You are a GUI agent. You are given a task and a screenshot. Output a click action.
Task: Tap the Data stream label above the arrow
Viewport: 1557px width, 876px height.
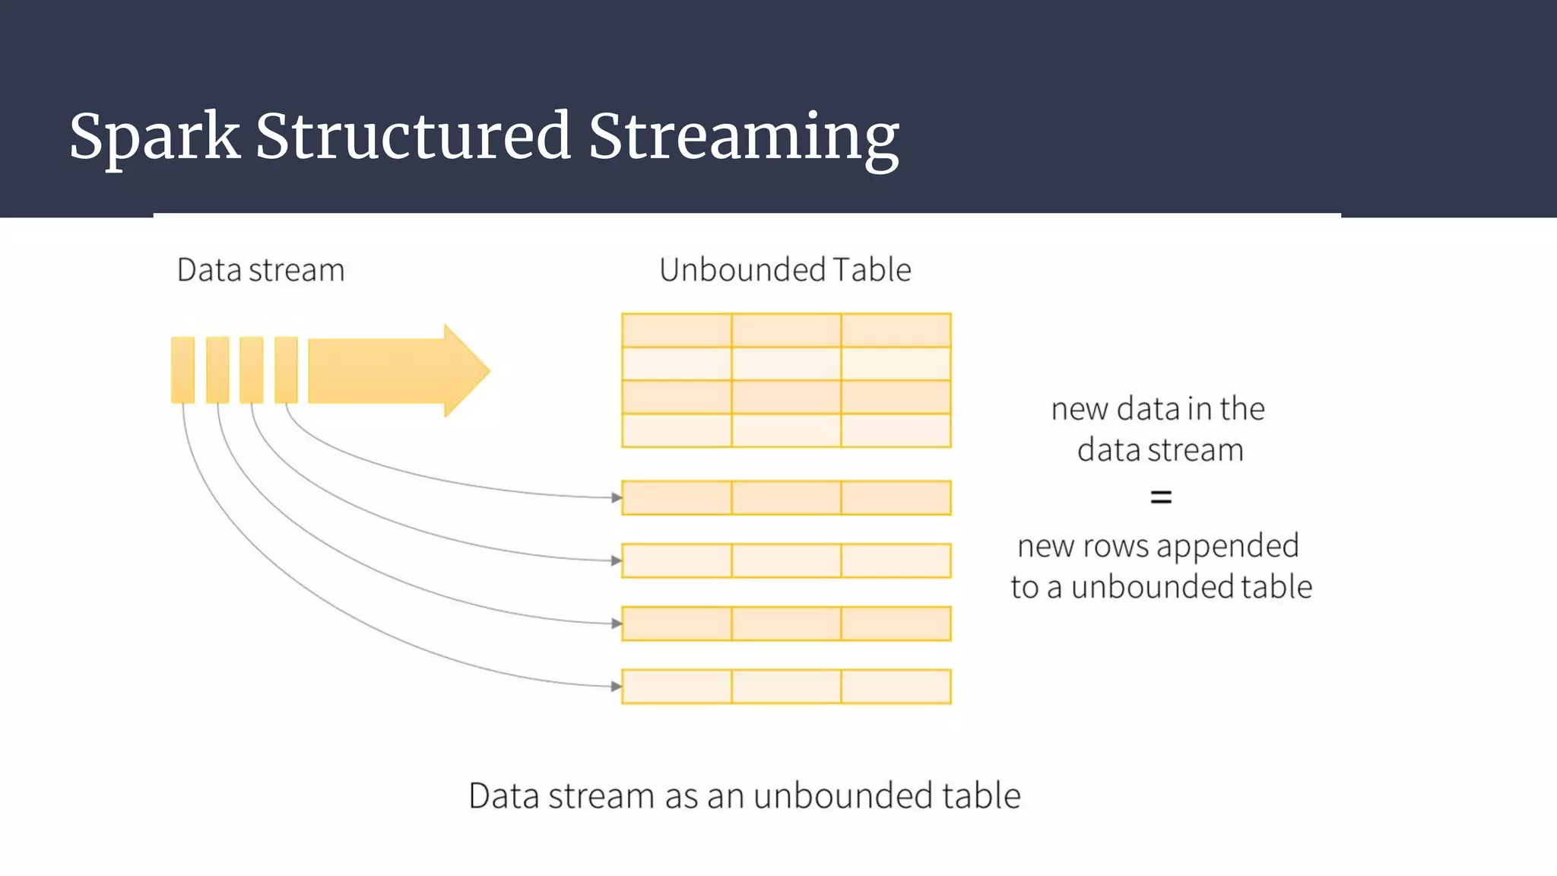(x=261, y=270)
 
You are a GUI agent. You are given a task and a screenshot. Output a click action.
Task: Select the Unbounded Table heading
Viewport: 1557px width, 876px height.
(x=785, y=270)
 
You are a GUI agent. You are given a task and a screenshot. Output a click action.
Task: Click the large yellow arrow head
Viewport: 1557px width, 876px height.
(x=465, y=370)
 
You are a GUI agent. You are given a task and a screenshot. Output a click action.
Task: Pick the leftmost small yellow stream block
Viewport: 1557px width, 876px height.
(x=182, y=370)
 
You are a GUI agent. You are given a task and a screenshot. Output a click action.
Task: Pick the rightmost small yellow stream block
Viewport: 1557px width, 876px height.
(x=286, y=370)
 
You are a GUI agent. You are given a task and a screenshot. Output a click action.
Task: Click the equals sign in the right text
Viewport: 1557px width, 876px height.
(x=1160, y=498)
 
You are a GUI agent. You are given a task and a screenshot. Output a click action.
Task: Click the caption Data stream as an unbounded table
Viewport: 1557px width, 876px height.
(x=744, y=796)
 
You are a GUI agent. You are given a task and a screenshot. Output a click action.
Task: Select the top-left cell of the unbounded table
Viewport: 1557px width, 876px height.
(x=677, y=330)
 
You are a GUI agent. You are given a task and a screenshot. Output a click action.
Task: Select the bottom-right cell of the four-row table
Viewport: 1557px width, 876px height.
(x=896, y=430)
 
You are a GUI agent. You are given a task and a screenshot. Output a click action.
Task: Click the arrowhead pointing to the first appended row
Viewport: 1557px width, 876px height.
(x=617, y=498)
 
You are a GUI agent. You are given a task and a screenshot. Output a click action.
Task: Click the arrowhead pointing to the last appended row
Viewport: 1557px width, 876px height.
(x=617, y=687)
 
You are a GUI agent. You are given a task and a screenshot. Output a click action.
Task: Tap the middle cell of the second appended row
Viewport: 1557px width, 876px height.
(x=786, y=561)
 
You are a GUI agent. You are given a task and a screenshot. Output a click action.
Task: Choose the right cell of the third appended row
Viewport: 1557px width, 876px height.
(x=896, y=624)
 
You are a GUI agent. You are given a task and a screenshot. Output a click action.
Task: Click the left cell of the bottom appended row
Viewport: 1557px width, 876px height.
(x=677, y=687)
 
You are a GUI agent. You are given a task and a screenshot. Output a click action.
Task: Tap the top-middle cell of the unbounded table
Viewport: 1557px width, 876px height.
(x=786, y=330)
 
